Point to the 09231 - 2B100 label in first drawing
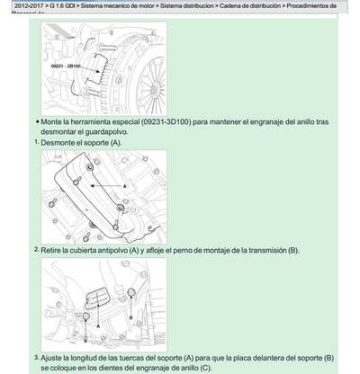[x=67, y=66]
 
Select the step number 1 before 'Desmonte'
[x=37, y=142]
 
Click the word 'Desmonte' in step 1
[x=59, y=142]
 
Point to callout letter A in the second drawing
[x=125, y=184]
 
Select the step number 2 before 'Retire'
[x=37, y=249]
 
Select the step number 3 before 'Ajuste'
[x=37, y=356]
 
